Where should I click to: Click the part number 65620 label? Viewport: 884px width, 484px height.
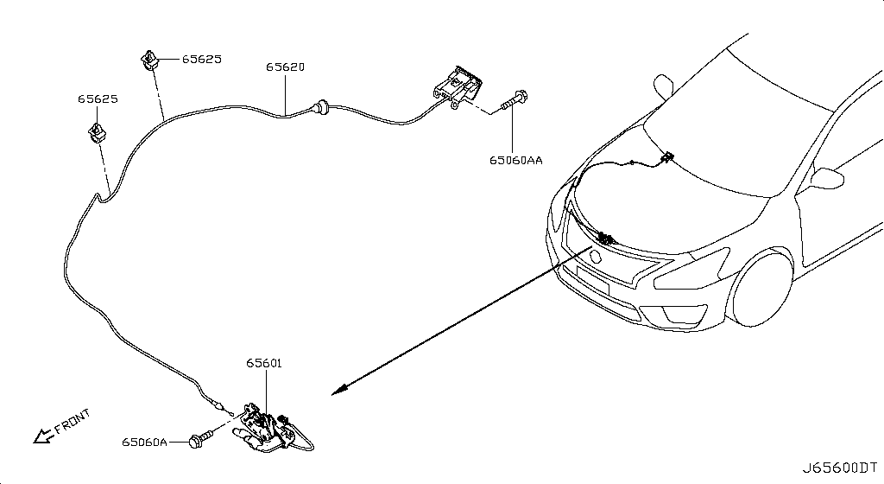pos(285,67)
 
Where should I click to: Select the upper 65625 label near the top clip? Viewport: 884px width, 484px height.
pos(202,60)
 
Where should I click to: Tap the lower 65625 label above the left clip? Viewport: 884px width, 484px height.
pos(98,99)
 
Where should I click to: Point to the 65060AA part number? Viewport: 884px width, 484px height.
pos(516,161)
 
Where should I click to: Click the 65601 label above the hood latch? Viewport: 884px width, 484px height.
pos(264,363)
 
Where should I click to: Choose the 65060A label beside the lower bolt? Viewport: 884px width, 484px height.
pos(145,443)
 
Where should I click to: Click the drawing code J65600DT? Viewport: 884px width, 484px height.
pos(840,468)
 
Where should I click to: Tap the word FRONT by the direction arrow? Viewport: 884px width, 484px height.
pos(73,422)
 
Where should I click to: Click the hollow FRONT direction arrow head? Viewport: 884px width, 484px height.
pos(41,436)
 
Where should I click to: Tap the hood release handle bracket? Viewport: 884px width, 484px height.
pos(458,87)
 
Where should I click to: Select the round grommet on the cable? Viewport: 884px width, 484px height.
pos(322,106)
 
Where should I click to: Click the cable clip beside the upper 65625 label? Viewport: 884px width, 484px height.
pos(148,60)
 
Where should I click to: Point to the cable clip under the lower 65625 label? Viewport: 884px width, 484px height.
pos(98,133)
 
